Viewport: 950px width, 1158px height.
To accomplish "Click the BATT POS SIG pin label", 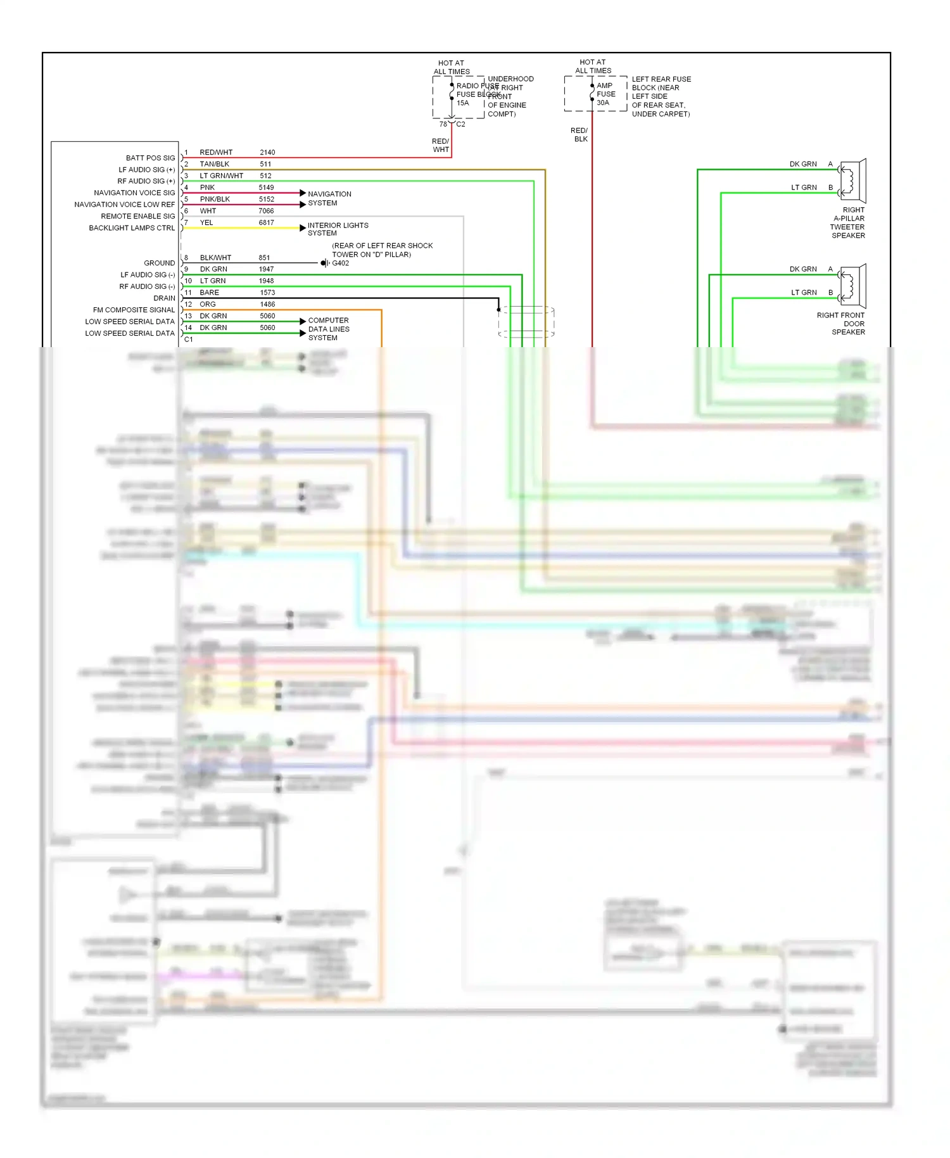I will coord(150,158).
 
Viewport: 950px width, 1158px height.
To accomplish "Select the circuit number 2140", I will coord(267,153).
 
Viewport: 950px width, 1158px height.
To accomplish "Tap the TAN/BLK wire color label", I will coord(215,164).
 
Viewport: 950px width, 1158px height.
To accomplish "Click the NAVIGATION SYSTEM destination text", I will coord(329,198).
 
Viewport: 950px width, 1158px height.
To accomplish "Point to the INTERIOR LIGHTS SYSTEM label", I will coord(338,229).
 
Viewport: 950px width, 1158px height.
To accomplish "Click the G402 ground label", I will coord(341,264).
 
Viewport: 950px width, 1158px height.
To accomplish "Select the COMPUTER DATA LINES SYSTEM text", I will coord(328,329).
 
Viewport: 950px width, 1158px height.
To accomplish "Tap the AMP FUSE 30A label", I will coord(605,94).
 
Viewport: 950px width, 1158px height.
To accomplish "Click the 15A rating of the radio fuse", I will coord(463,103).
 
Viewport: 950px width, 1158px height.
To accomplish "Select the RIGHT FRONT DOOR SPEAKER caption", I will coord(840,324).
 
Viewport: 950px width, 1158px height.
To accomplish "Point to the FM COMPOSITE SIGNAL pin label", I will coord(134,310).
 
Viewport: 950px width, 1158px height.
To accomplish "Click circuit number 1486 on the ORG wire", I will coord(267,305).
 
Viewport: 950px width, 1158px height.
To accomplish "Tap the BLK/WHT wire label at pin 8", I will coord(215,258).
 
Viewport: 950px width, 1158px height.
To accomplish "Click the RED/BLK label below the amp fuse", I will coord(579,135).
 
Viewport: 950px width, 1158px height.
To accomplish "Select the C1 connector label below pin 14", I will coord(189,340).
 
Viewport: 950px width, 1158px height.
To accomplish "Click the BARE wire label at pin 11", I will coord(209,293).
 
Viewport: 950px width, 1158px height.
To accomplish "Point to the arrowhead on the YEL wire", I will coord(303,228).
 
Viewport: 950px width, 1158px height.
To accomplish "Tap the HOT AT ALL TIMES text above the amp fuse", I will coord(593,67).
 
